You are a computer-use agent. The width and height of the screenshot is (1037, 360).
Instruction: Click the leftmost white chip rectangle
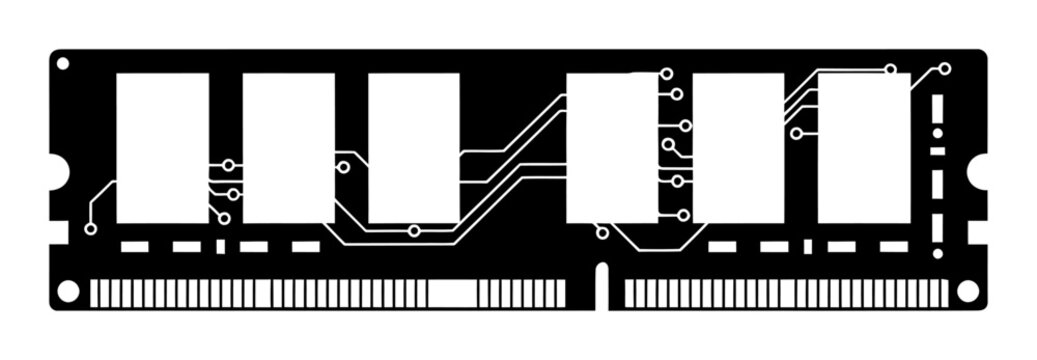pos(162,148)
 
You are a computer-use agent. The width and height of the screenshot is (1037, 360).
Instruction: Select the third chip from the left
pos(413,148)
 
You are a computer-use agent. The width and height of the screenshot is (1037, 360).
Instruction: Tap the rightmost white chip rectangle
pos(864,148)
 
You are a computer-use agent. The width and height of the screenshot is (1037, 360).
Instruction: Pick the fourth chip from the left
pos(612,148)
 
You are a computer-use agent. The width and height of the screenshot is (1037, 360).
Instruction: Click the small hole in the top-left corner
pos(63,63)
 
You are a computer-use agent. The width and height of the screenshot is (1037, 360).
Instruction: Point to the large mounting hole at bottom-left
pos(67,291)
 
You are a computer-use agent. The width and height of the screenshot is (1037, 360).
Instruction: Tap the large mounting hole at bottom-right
pos(967,291)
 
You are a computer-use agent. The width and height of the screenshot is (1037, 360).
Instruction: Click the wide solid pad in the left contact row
pos(452,293)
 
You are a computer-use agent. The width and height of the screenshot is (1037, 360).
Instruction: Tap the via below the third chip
pos(414,231)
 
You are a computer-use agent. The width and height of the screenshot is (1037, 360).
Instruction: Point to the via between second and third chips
pos(343,168)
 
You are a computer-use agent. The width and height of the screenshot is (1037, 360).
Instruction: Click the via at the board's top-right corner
pos(944,69)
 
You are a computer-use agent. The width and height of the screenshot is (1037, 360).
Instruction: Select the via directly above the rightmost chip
pos(890,69)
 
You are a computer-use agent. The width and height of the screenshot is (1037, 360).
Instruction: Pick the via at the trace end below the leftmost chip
pos(91,229)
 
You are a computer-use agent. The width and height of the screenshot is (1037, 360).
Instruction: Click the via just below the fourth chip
pos(602,233)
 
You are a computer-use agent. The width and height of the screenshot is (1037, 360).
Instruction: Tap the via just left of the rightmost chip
pos(796,133)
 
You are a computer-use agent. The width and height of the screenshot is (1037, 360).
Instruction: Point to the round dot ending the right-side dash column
pos(937,254)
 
